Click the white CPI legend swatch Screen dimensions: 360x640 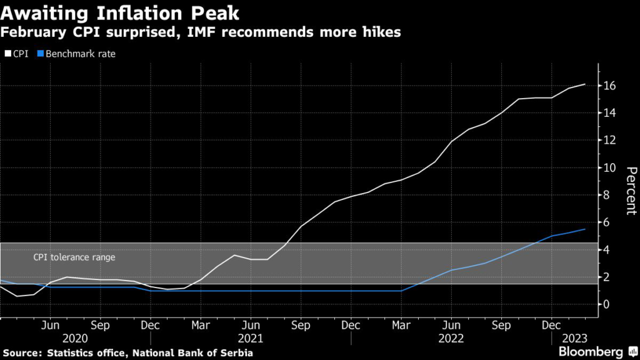[7, 54]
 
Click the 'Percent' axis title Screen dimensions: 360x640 [631, 191]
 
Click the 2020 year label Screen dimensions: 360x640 [76, 338]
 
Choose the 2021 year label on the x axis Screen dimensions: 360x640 [251, 338]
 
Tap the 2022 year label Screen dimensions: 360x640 [451, 338]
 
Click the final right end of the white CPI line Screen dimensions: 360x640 [585, 84]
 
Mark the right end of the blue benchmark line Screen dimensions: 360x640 [585, 229]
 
